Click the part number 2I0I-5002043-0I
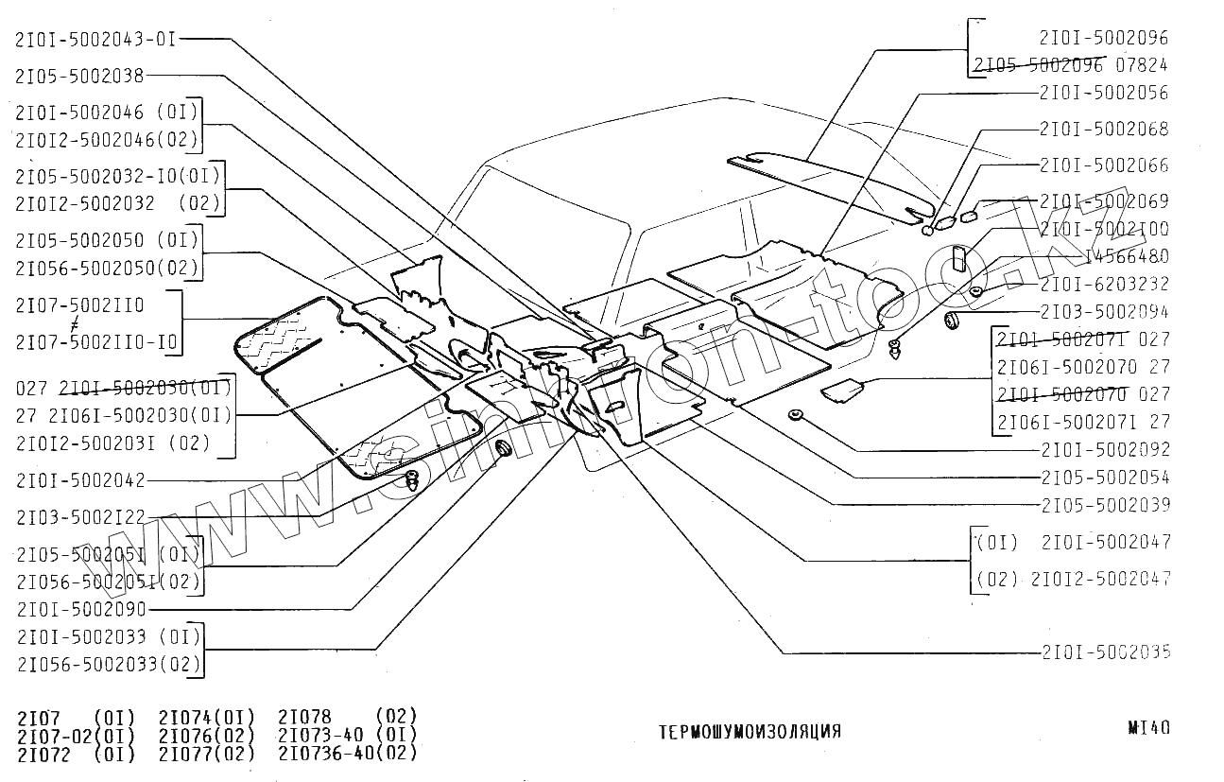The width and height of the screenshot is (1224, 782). point(95,39)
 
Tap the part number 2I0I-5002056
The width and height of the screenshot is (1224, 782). point(1103,93)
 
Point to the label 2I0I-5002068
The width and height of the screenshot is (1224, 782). point(1103,129)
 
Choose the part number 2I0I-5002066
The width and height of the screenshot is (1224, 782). point(1103,165)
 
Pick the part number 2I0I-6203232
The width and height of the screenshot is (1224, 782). point(1103,284)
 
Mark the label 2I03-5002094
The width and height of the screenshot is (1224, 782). point(1103,311)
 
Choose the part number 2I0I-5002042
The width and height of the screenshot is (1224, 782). point(80,480)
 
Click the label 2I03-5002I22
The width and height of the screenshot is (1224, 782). point(80,517)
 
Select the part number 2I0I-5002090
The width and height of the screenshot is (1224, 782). point(80,610)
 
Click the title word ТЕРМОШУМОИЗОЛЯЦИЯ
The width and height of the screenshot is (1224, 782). point(749,732)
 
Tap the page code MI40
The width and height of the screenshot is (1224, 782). point(1148,728)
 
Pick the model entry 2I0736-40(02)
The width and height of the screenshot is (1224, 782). point(347,754)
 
